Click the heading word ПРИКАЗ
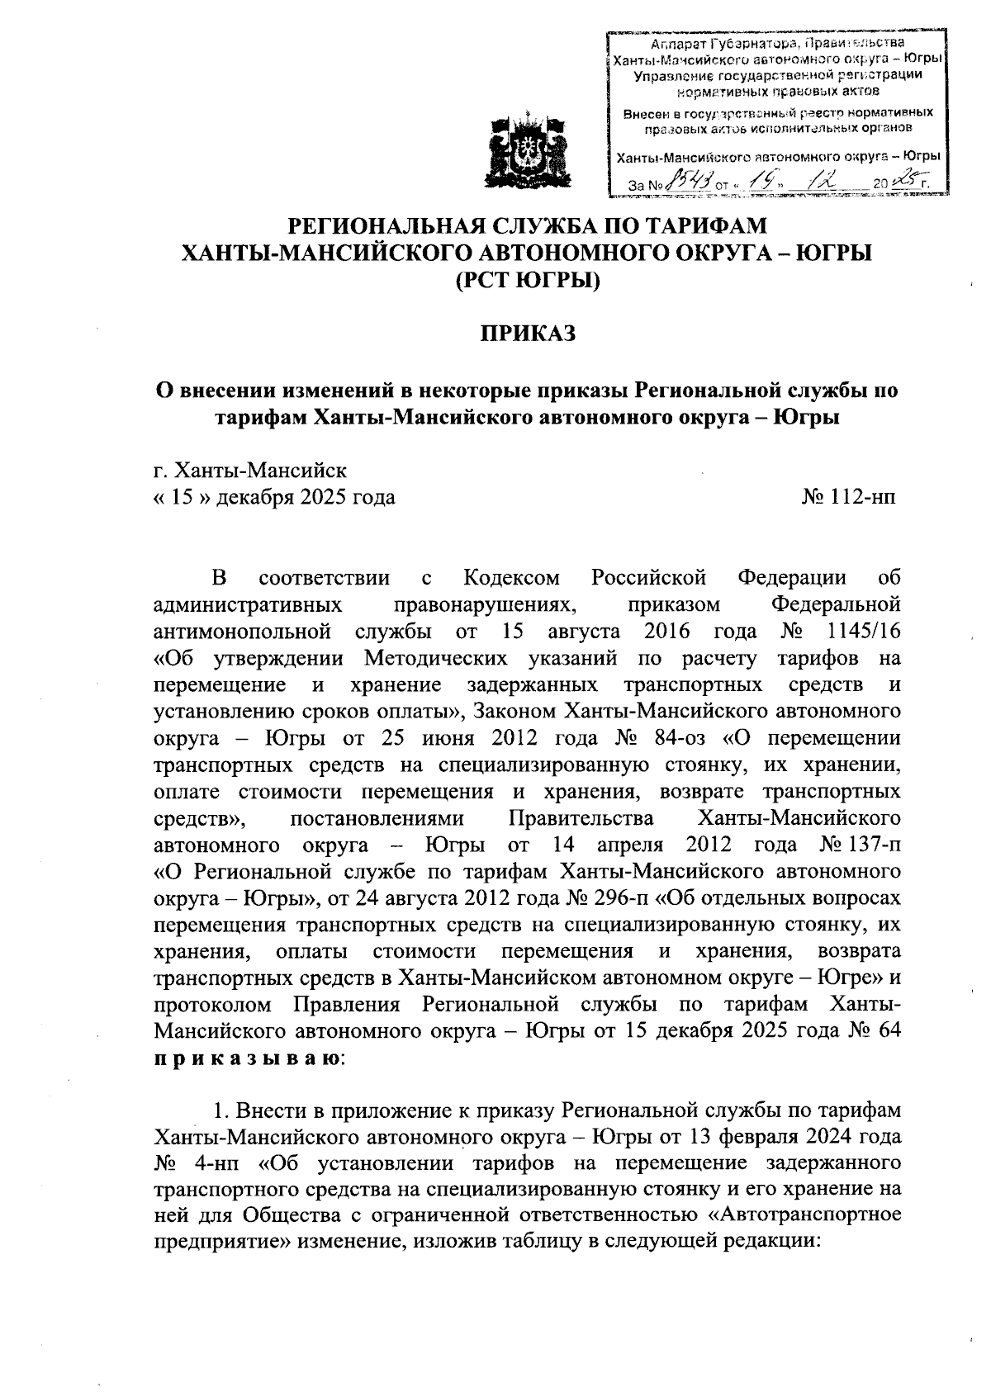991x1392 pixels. [527, 333]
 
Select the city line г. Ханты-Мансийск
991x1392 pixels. [250, 471]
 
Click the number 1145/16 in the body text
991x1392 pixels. [861, 632]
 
